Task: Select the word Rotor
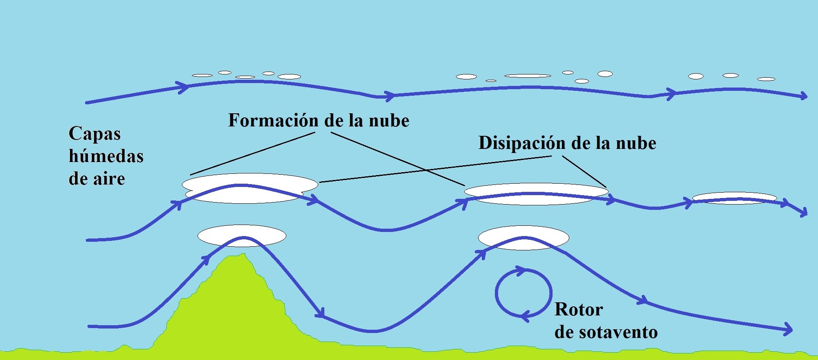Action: click(x=578, y=310)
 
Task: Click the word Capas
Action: click(x=94, y=134)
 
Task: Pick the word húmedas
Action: click(x=106, y=156)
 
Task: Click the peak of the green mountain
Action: click(x=244, y=254)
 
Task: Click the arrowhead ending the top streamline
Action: click(x=803, y=97)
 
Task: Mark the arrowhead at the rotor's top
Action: click(x=519, y=270)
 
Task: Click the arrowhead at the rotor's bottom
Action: click(x=526, y=315)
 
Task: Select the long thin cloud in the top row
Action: click(x=528, y=76)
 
